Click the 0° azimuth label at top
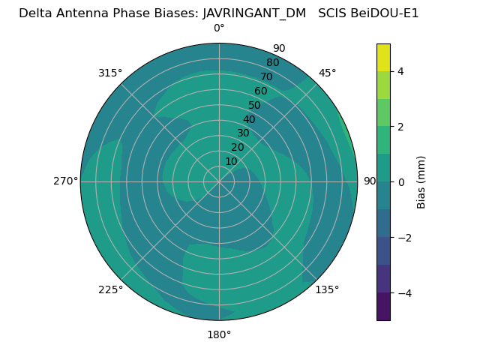pos(219,28)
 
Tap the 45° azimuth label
pos(328,73)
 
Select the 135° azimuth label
pos(327,289)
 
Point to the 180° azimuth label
pos(219,334)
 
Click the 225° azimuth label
pos(110,289)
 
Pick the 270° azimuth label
pos(65,181)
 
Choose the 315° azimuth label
pos(110,73)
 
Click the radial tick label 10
pos(231,161)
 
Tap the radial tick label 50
pos(255,105)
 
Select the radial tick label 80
pos(272,63)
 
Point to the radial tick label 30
pos(243,133)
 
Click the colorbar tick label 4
pos(401,71)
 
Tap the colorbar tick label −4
pos(403,292)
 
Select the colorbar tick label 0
pos(401,182)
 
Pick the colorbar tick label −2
pos(403,238)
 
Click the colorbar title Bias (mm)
pos(421,182)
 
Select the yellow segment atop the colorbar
pos(383,58)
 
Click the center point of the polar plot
pos(219,181)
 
